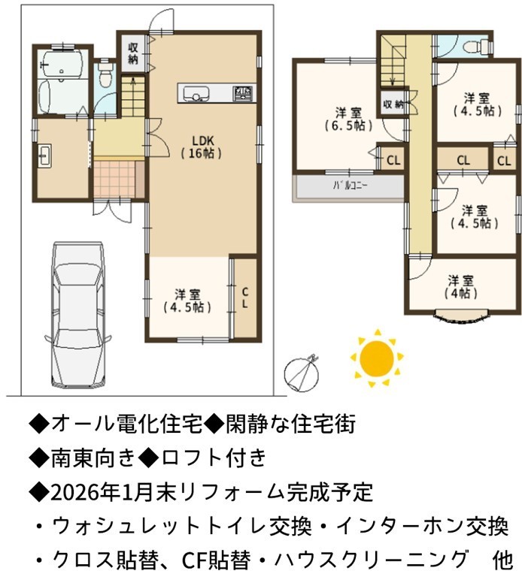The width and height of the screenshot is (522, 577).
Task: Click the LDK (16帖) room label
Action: coord(202,147)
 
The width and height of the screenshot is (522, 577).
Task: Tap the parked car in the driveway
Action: coord(78,315)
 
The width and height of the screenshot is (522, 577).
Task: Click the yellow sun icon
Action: coord(377,358)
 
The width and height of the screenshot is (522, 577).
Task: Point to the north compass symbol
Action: coord(302,373)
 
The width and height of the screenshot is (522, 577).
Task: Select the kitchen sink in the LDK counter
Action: coord(196,93)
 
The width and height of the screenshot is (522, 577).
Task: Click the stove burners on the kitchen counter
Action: coord(243,93)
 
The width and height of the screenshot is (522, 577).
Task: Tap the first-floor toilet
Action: coord(105,73)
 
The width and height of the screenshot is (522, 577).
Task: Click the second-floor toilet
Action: coord(478,47)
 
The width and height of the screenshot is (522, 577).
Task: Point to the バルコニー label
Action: coord(350,186)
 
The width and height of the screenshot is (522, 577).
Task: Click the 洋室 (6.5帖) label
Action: coord(348,119)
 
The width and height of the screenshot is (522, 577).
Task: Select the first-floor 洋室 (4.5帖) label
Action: coord(187,301)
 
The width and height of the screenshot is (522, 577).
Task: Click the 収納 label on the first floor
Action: coord(132,53)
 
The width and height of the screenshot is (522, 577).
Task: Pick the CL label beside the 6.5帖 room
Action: coord(393,161)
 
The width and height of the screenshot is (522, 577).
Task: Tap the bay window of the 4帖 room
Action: coord(461,316)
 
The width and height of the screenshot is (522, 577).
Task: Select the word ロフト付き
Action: coord(214,458)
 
